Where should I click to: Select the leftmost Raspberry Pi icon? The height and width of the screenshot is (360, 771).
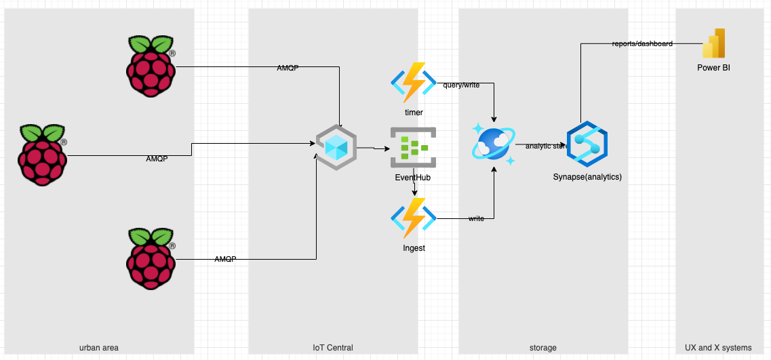tap(42, 155)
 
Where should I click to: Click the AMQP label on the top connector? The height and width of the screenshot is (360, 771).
tap(288, 68)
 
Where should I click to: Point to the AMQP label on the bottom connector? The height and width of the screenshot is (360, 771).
tap(225, 260)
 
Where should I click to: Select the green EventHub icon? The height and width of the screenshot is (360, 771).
tap(413, 147)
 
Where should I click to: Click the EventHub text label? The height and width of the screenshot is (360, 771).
tap(413, 178)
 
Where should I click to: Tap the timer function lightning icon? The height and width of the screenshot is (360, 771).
tap(414, 82)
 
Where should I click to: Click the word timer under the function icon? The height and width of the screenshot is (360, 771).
tap(414, 112)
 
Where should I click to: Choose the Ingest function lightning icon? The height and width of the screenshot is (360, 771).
tap(414, 218)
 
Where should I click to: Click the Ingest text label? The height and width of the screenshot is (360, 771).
tap(414, 248)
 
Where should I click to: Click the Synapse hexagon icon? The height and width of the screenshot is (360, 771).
tap(587, 144)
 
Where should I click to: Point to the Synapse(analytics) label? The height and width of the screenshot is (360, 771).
tap(587, 177)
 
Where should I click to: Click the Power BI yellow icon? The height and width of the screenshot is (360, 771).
tap(713, 45)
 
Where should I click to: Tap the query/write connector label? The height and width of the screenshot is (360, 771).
tap(461, 85)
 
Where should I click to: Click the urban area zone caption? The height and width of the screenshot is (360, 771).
tap(99, 348)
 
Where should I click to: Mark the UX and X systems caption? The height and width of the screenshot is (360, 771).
tap(718, 348)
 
